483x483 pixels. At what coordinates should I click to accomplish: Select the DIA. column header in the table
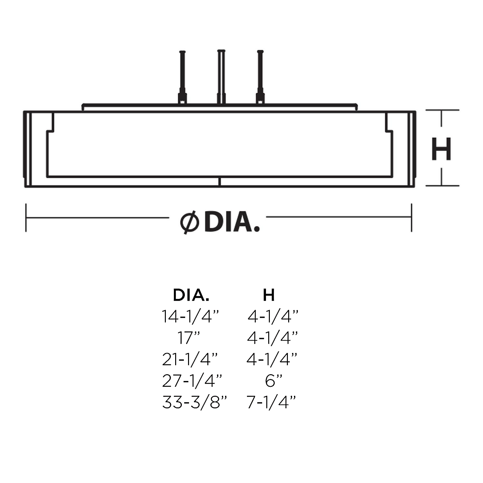click(191, 295)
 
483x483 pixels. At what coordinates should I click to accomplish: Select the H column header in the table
click(269, 295)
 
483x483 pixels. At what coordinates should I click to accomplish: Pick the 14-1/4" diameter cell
click(190, 316)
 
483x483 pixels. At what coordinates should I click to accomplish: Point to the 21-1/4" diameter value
click(190, 359)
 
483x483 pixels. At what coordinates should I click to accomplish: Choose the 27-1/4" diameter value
click(192, 381)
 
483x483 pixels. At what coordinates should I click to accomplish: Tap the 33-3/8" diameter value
click(194, 402)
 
